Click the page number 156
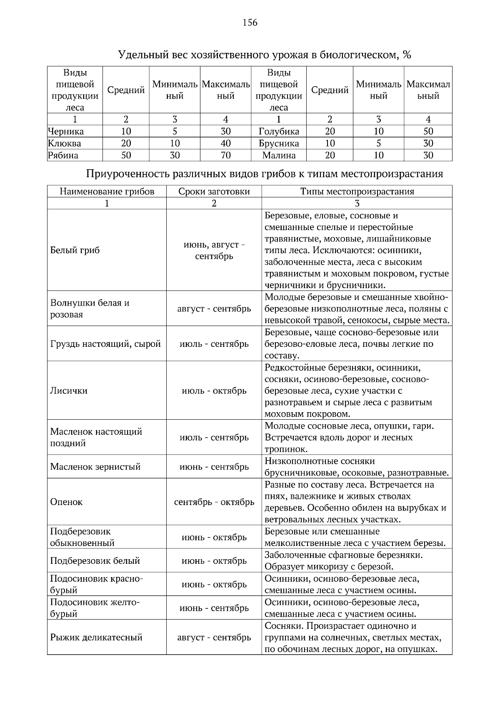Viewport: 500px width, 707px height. pyautogui.click(x=250, y=23)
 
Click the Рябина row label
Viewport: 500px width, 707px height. pyautogui.click(x=63, y=156)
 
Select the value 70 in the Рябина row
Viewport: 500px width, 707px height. pyautogui.click(x=225, y=156)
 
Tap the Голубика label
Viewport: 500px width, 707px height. pyautogui.click(x=279, y=132)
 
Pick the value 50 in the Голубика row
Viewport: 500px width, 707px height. pyautogui.click(x=428, y=132)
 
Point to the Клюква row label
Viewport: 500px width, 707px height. pyautogui.click(x=65, y=144)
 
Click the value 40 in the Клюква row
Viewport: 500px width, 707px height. pyautogui.click(x=225, y=144)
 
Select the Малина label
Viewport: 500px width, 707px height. pyautogui.click(x=279, y=156)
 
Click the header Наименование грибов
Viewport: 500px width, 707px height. pyautogui.click(x=107, y=192)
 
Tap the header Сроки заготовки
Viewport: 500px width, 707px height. pyautogui.click(x=214, y=192)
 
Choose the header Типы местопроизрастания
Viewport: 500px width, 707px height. pyautogui.click(x=357, y=192)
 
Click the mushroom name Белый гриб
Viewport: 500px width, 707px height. pyautogui.click(x=75, y=250)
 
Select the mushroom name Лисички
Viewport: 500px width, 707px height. pyautogui.click(x=69, y=391)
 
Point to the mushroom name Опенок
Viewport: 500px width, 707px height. pyautogui.click(x=66, y=502)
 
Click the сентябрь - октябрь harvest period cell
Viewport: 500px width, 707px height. pyautogui.click(x=214, y=502)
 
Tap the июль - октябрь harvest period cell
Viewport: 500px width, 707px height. pyautogui.click(x=214, y=391)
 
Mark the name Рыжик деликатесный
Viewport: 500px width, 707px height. pyautogui.click(x=96, y=637)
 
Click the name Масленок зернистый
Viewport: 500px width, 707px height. pyautogui.click(x=95, y=466)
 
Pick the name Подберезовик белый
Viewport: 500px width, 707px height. pyautogui.click(x=95, y=560)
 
